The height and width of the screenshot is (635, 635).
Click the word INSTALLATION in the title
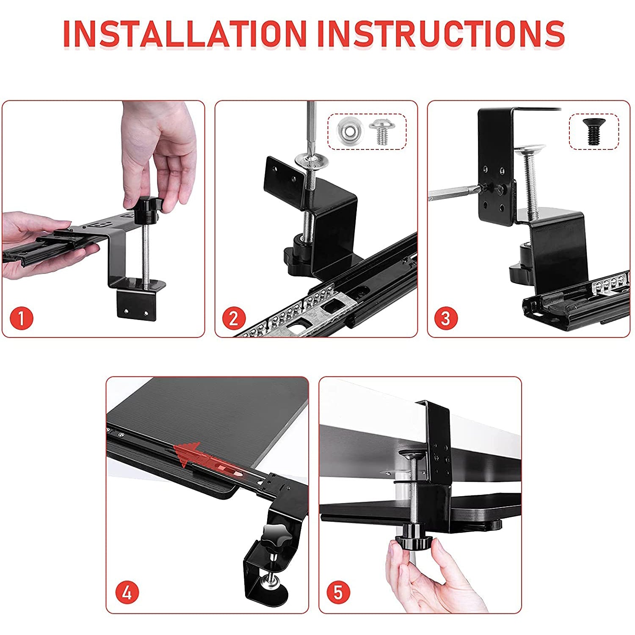click(x=185, y=33)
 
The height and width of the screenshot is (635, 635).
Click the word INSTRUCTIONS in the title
click(x=441, y=33)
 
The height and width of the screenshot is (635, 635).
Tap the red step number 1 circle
click(x=21, y=317)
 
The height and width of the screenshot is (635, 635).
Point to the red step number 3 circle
click(x=446, y=317)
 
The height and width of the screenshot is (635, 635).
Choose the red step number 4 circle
click(x=127, y=594)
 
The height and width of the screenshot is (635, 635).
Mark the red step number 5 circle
click(x=338, y=593)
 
